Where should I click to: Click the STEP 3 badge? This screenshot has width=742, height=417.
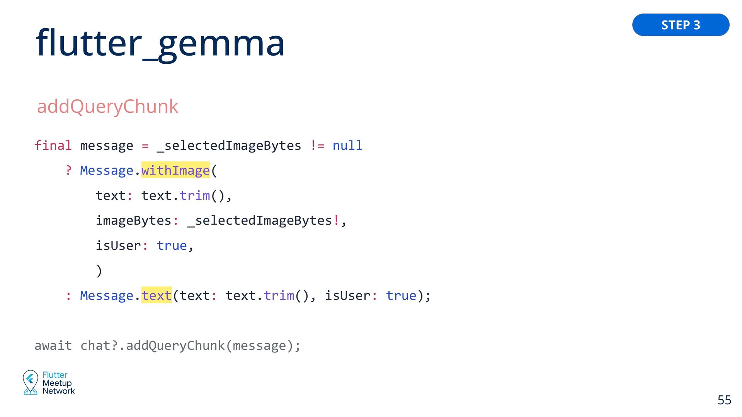point(681,25)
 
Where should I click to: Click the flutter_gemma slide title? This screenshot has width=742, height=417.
point(160,43)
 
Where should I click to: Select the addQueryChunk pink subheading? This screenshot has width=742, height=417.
point(107,106)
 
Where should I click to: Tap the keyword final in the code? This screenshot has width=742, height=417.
point(53,146)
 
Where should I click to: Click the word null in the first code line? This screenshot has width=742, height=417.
point(347,146)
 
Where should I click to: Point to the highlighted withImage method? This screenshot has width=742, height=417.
point(175,170)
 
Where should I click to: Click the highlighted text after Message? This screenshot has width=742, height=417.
point(156,295)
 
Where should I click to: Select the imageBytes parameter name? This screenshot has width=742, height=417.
point(133,220)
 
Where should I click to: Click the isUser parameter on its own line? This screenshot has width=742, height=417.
point(118,246)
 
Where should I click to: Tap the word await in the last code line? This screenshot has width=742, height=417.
point(53,346)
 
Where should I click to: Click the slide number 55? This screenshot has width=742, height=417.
point(724,400)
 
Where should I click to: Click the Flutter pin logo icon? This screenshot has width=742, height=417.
point(30,382)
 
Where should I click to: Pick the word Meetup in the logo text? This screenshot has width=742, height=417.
point(57,383)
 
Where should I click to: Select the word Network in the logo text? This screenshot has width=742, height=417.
point(59,391)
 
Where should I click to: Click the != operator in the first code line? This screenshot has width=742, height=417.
point(317,146)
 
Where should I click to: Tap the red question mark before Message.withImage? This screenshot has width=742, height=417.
point(68,170)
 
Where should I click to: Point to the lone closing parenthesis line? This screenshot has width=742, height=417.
point(99,271)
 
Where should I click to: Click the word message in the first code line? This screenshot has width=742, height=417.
point(106,146)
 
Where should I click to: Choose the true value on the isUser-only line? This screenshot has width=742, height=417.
point(172,246)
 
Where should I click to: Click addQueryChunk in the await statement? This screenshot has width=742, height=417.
point(175,346)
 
